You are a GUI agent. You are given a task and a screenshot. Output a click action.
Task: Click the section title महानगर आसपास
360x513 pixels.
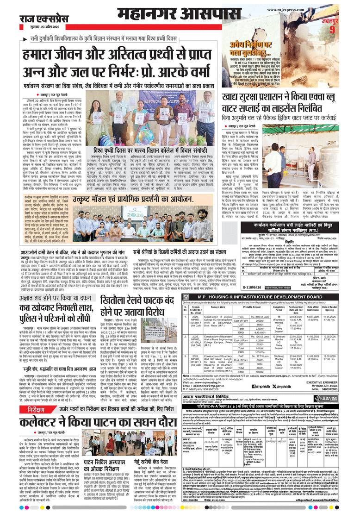click(x=180, y=12)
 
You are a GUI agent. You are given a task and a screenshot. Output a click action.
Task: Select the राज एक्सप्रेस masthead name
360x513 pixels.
click(x=41, y=19)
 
